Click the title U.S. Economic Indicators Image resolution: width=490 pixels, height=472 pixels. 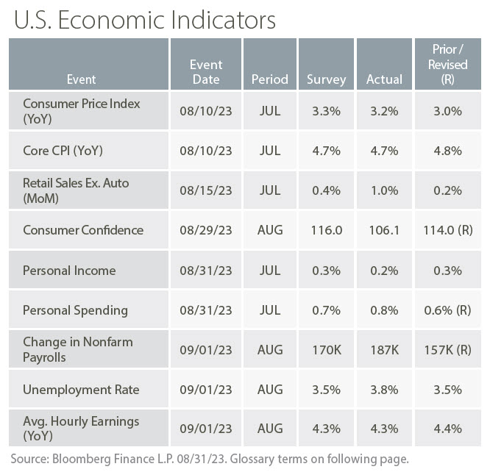pyautogui.click(x=144, y=20)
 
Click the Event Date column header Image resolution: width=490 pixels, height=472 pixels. pyautogui.click(x=205, y=71)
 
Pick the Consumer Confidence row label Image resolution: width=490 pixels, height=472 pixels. pyautogui.click(x=83, y=230)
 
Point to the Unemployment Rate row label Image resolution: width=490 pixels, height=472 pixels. pyautogui.click(x=81, y=389)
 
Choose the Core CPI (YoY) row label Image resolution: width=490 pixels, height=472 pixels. pyautogui.click(x=63, y=151)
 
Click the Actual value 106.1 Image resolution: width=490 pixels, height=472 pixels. pyautogui.click(x=384, y=230)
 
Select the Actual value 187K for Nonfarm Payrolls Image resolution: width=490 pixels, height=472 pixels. pyautogui.click(x=384, y=349)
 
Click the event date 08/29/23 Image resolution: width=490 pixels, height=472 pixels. pyautogui.click(x=205, y=230)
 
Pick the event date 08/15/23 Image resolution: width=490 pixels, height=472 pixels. pyautogui.click(x=205, y=190)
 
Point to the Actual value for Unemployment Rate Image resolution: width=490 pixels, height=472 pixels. pyautogui.click(x=384, y=389)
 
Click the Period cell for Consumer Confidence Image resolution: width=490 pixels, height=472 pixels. pyautogui.click(x=269, y=230)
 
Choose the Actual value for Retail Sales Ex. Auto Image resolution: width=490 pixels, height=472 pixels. pyautogui.click(x=384, y=190)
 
